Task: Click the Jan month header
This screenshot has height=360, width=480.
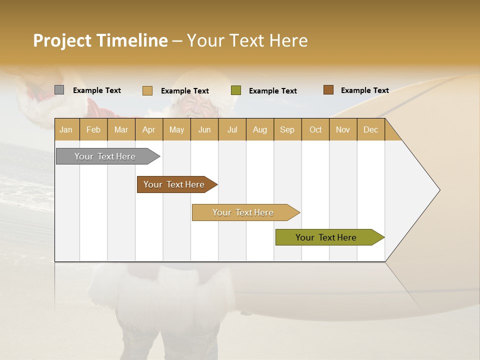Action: point(66,129)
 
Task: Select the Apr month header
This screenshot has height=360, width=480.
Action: point(149,129)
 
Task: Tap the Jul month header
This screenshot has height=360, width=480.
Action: point(232,129)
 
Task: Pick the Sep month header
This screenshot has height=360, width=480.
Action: point(287,129)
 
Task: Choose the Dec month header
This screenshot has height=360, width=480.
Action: point(370,129)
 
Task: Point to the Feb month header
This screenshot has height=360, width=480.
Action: point(93,129)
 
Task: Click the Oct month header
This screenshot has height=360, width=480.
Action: point(315,129)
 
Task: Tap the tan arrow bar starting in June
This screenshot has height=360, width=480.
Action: point(244,212)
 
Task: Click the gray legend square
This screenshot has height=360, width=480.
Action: point(59,90)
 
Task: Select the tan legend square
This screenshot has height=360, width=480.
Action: point(147,90)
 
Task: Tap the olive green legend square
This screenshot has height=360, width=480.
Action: point(236,90)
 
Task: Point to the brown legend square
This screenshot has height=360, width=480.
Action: point(328,90)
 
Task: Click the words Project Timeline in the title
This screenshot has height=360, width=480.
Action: point(100,40)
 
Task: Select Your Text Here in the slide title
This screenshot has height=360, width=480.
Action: point(247,40)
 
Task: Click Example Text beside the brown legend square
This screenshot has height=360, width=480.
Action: point(364,90)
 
